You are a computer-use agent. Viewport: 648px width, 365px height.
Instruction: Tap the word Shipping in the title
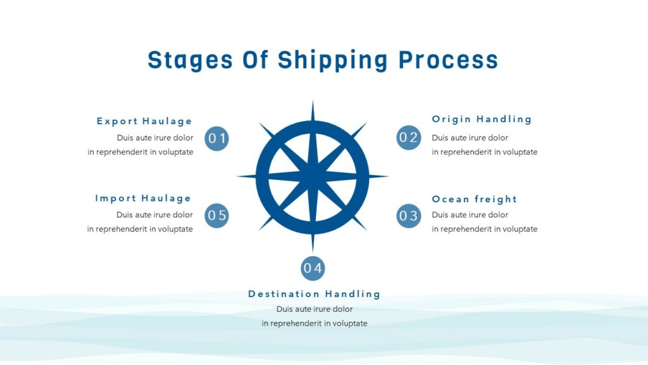tap(333, 60)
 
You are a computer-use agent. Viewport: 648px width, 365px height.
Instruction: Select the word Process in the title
tap(448, 60)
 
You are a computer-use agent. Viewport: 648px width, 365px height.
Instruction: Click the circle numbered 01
tap(217, 138)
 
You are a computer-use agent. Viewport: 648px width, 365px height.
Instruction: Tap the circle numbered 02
tap(409, 138)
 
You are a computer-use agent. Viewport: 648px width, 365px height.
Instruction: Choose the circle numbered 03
tap(409, 216)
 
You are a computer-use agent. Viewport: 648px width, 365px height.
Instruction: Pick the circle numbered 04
tap(313, 268)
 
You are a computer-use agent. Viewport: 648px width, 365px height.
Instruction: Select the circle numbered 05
tap(217, 215)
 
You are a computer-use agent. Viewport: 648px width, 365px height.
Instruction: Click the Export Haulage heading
tap(144, 121)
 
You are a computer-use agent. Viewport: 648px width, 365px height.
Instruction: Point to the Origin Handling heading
tap(482, 119)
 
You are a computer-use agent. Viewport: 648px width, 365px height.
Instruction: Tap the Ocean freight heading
tap(474, 199)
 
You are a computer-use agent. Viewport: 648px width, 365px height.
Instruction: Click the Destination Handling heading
tap(315, 294)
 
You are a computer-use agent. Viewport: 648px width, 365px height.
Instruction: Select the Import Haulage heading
tap(143, 198)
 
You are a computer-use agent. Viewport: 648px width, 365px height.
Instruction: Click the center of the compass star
tap(313, 176)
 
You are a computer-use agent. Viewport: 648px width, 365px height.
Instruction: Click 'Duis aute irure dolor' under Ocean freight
tap(470, 215)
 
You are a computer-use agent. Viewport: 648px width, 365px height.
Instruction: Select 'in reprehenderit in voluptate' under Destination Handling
tap(315, 323)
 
